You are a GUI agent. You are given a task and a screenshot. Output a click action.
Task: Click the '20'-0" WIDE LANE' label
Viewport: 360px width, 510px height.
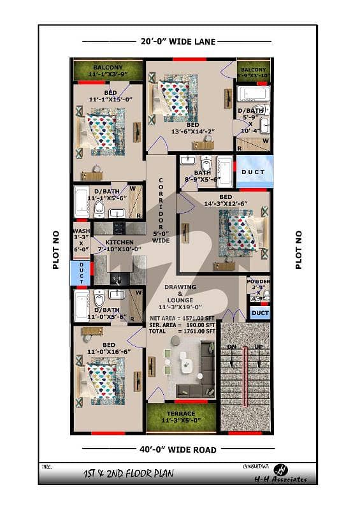tap(178, 41)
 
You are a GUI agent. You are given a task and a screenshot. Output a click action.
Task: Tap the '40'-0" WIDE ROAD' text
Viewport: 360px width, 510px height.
tap(178, 449)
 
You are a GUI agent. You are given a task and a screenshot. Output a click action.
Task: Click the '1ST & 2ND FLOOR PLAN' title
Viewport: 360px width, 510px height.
tap(127, 474)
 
